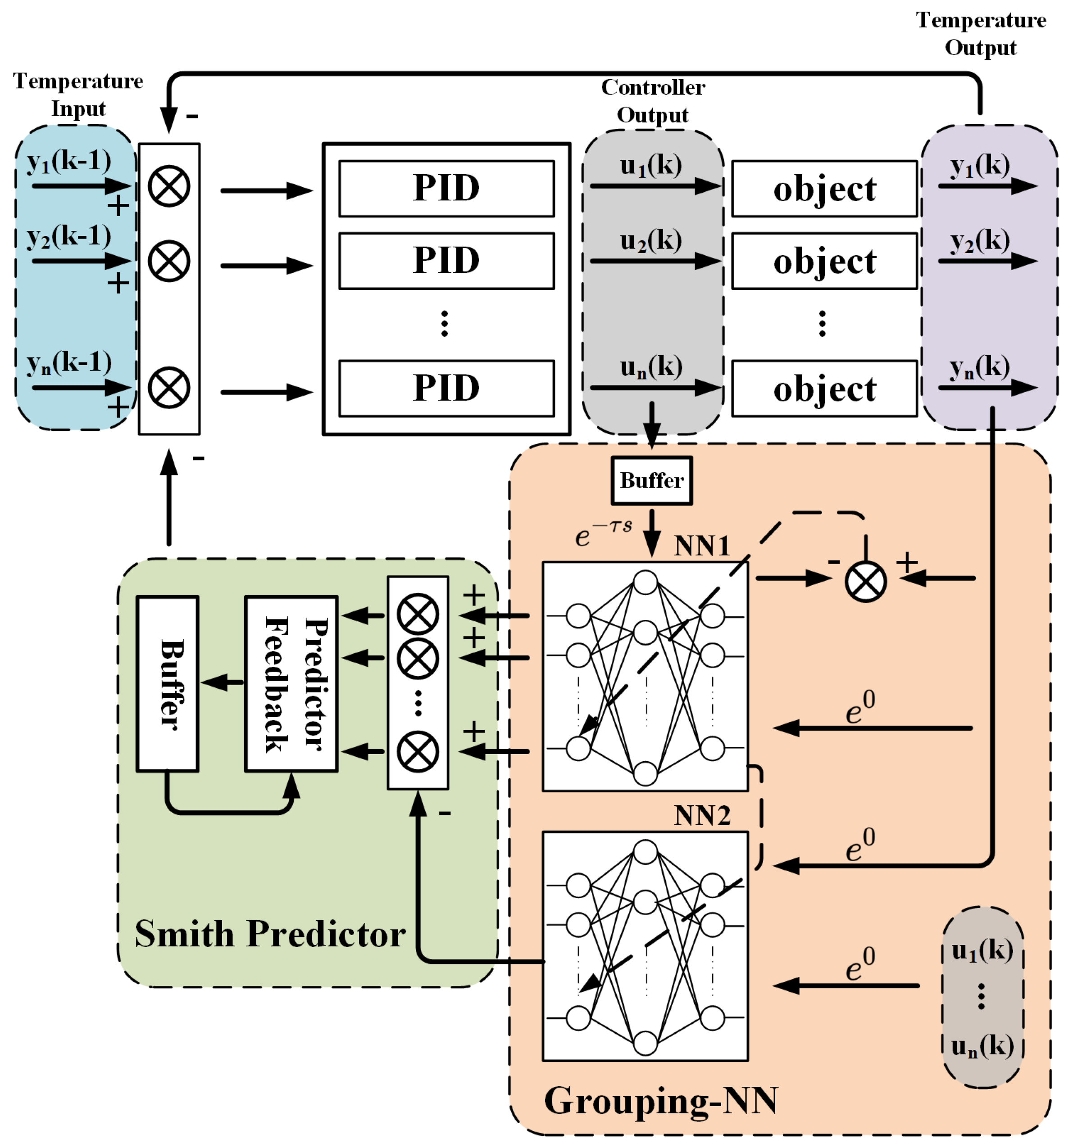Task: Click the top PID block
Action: coord(446,188)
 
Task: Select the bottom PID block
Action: coord(446,388)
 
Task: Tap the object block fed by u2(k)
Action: coord(824,261)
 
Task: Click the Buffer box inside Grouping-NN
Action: coord(651,480)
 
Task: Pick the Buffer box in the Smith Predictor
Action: coord(168,684)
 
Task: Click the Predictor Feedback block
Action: coord(291,684)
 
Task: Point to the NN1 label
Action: coord(701,546)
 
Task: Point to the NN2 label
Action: coord(701,816)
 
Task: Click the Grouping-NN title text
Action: coord(660,1100)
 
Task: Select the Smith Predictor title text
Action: coord(270,934)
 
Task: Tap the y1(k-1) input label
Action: coord(69,161)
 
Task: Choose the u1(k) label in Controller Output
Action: coord(650,166)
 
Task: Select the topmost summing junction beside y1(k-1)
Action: coord(169,186)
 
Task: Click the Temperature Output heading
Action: coord(981,33)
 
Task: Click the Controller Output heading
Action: coord(652,101)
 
